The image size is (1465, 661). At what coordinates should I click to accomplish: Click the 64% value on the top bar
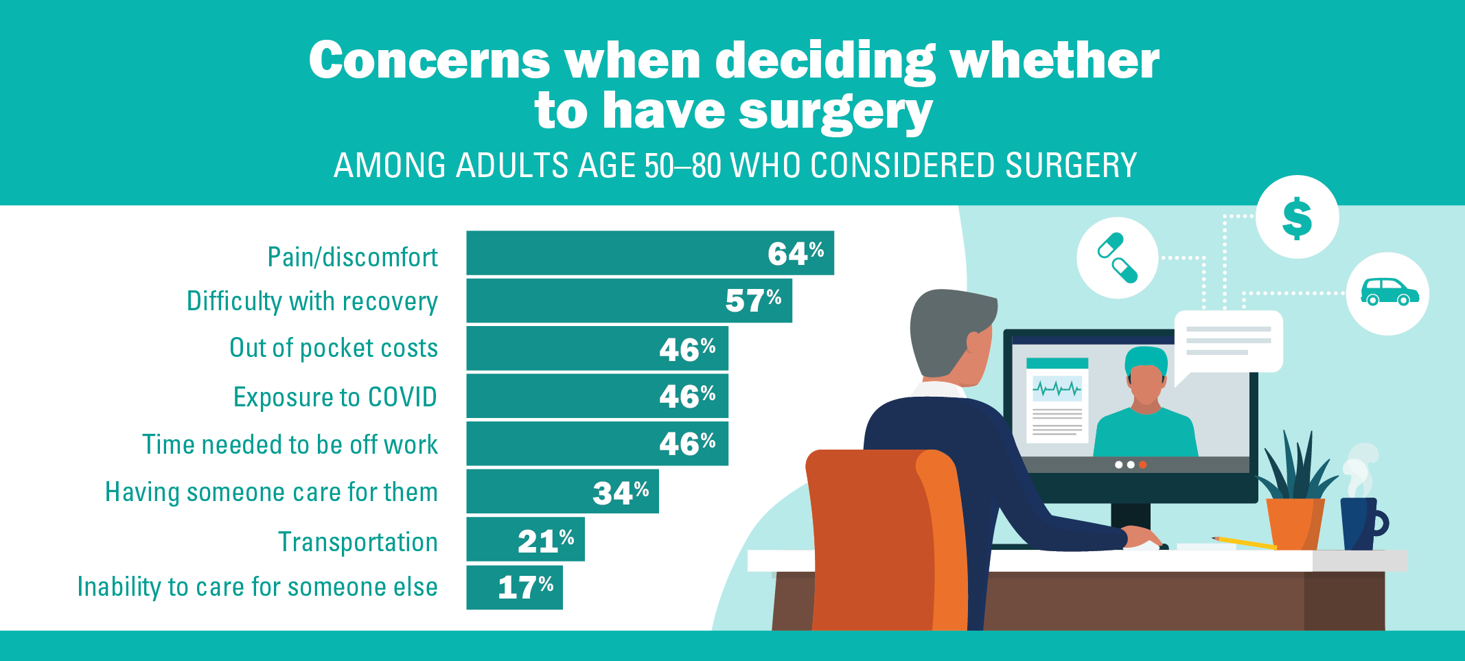(795, 254)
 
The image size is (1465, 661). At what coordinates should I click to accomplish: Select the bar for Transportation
(525, 540)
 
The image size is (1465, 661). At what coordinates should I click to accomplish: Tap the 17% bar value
(525, 588)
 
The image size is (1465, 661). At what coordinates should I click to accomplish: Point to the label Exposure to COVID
(335, 397)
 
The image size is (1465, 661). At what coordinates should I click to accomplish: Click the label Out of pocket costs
(334, 348)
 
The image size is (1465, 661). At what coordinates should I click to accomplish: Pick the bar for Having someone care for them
(562, 491)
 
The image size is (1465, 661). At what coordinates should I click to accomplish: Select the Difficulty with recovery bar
(629, 301)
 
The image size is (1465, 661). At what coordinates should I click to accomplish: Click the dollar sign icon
(1297, 218)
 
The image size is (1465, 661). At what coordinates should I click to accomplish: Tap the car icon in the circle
(1388, 293)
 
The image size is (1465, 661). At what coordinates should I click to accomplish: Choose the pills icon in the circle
(1118, 258)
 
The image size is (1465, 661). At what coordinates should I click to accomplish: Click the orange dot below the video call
(1143, 465)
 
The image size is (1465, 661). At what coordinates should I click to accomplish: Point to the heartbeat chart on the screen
(1057, 389)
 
